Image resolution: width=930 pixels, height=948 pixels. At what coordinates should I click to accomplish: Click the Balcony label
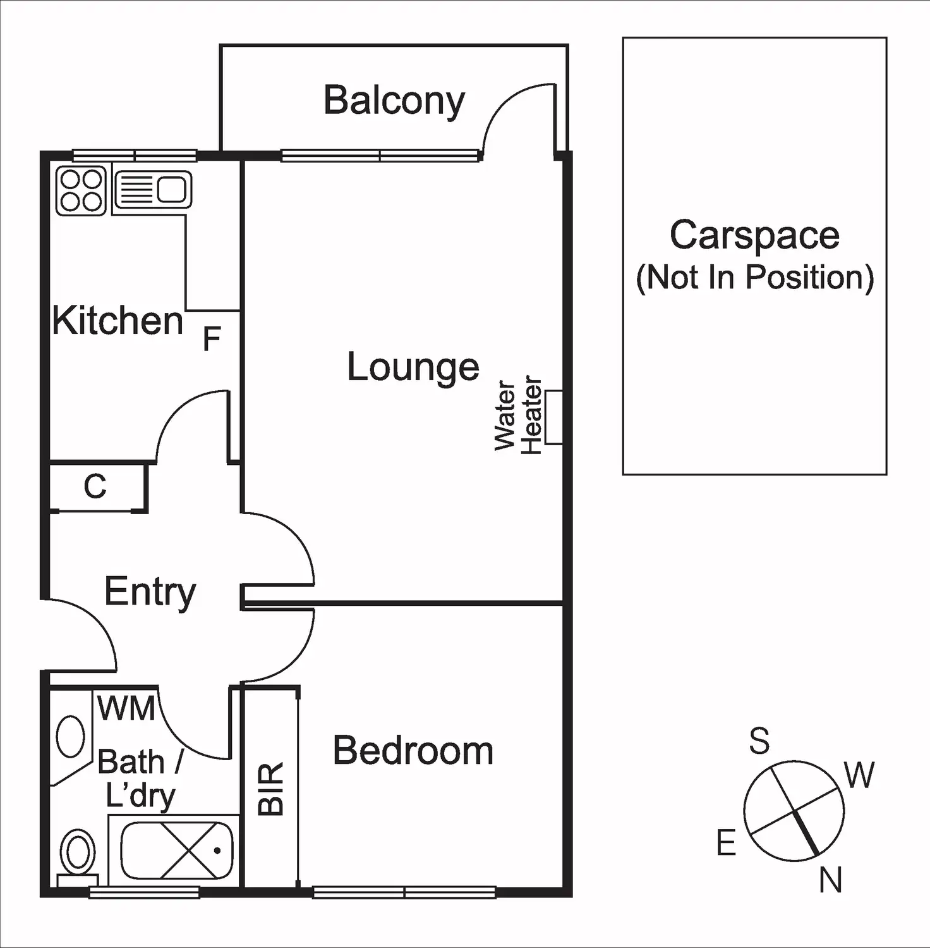pyautogui.click(x=394, y=101)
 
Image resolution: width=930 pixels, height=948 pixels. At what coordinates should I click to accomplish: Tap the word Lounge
pyautogui.click(x=413, y=367)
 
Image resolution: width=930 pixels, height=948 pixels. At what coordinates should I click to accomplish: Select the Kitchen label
pyautogui.click(x=118, y=321)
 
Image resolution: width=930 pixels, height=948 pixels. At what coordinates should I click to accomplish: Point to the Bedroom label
pyautogui.click(x=413, y=751)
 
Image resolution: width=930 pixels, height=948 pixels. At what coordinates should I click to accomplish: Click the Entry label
pyautogui.click(x=150, y=592)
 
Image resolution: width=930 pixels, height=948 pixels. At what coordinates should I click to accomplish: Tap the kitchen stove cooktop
pyautogui.click(x=81, y=190)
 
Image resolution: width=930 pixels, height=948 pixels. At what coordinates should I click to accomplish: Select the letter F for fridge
pyautogui.click(x=211, y=339)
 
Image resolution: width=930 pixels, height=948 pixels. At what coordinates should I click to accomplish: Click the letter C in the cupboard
pyautogui.click(x=95, y=487)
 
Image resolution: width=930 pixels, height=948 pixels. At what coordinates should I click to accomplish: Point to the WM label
pyautogui.click(x=126, y=708)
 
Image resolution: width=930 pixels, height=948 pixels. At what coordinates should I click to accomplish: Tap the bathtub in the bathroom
pyautogui.click(x=177, y=851)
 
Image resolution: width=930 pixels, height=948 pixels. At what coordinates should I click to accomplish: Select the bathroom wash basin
pyautogui.click(x=70, y=736)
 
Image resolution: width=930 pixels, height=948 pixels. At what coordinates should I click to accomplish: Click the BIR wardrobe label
pyautogui.click(x=271, y=789)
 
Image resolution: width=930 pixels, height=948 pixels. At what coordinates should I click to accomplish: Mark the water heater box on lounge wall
pyautogui.click(x=553, y=417)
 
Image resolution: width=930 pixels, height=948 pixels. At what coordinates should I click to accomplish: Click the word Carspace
pyautogui.click(x=754, y=235)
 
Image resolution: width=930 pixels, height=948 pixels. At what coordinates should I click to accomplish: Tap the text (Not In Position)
pyautogui.click(x=754, y=277)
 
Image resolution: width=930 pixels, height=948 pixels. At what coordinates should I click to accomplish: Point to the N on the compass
pyautogui.click(x=831, y=880)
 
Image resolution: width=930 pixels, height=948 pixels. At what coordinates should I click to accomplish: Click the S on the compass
pyautogui.click(x=759, y=741)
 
